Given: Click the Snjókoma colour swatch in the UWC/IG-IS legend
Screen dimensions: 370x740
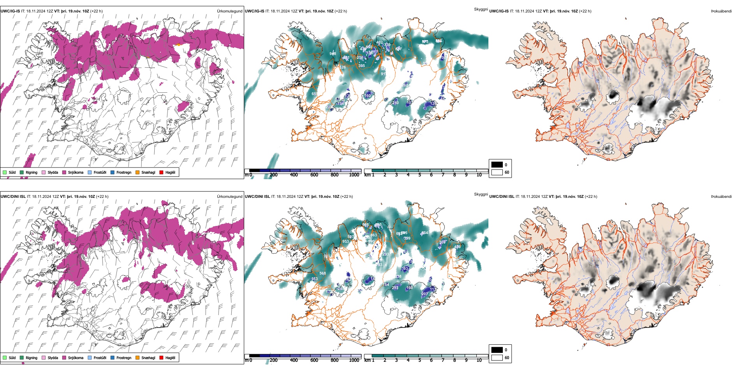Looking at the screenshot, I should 64,172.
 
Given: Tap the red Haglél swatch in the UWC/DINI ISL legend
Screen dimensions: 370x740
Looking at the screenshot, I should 162,358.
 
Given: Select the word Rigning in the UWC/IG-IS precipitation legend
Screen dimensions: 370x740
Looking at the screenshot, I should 32,172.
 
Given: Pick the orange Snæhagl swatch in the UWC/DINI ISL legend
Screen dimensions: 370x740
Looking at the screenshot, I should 137,358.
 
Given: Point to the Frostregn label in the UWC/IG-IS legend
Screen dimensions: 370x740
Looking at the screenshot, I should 124,172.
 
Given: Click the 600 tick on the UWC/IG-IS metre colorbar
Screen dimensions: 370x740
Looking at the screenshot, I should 314,175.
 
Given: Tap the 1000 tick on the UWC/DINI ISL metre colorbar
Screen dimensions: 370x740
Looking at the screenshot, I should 354,360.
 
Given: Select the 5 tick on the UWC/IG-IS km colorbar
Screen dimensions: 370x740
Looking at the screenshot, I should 419,175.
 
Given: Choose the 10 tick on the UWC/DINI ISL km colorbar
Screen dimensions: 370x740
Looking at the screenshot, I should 479,360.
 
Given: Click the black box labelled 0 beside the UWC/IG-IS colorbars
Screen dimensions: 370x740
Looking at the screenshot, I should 497,165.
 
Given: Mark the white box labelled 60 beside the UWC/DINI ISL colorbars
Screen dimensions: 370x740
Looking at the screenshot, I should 497,358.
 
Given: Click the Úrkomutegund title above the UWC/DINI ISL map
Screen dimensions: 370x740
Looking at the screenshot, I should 229,196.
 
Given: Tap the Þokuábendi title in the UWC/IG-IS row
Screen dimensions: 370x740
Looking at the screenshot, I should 721,11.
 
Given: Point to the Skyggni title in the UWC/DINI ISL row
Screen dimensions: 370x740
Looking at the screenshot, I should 481,194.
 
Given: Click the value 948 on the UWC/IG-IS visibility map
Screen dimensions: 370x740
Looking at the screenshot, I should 333,54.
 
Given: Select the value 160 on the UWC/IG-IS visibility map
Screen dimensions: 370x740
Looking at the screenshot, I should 368,95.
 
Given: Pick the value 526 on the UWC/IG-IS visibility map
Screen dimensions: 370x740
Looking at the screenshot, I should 342,67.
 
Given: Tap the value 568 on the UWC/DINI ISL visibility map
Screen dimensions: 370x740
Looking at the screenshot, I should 322,273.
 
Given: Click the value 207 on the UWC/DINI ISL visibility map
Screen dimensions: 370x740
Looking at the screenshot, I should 425,294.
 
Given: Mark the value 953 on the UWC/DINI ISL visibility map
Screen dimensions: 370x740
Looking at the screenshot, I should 345,241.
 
